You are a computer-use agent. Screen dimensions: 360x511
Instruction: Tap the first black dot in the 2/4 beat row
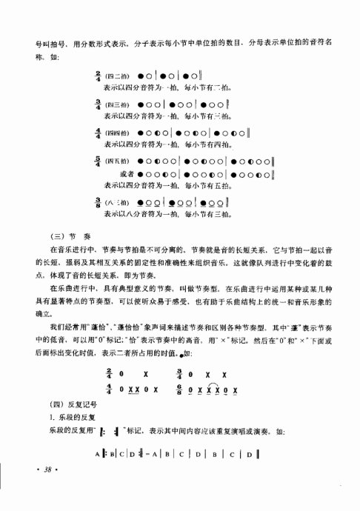(141, 76)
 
